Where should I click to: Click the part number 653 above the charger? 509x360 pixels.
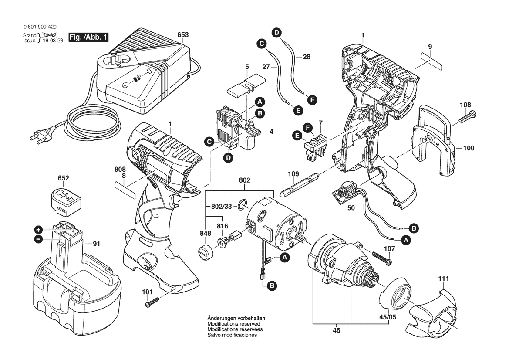[183, 34]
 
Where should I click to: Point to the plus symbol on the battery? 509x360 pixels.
[39, 230]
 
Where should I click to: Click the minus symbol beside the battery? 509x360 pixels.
[39, 239]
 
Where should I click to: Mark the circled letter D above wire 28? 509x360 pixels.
[276, 32]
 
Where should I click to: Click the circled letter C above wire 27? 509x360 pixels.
[261, 44]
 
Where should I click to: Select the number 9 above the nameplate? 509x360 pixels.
[430, 47]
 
